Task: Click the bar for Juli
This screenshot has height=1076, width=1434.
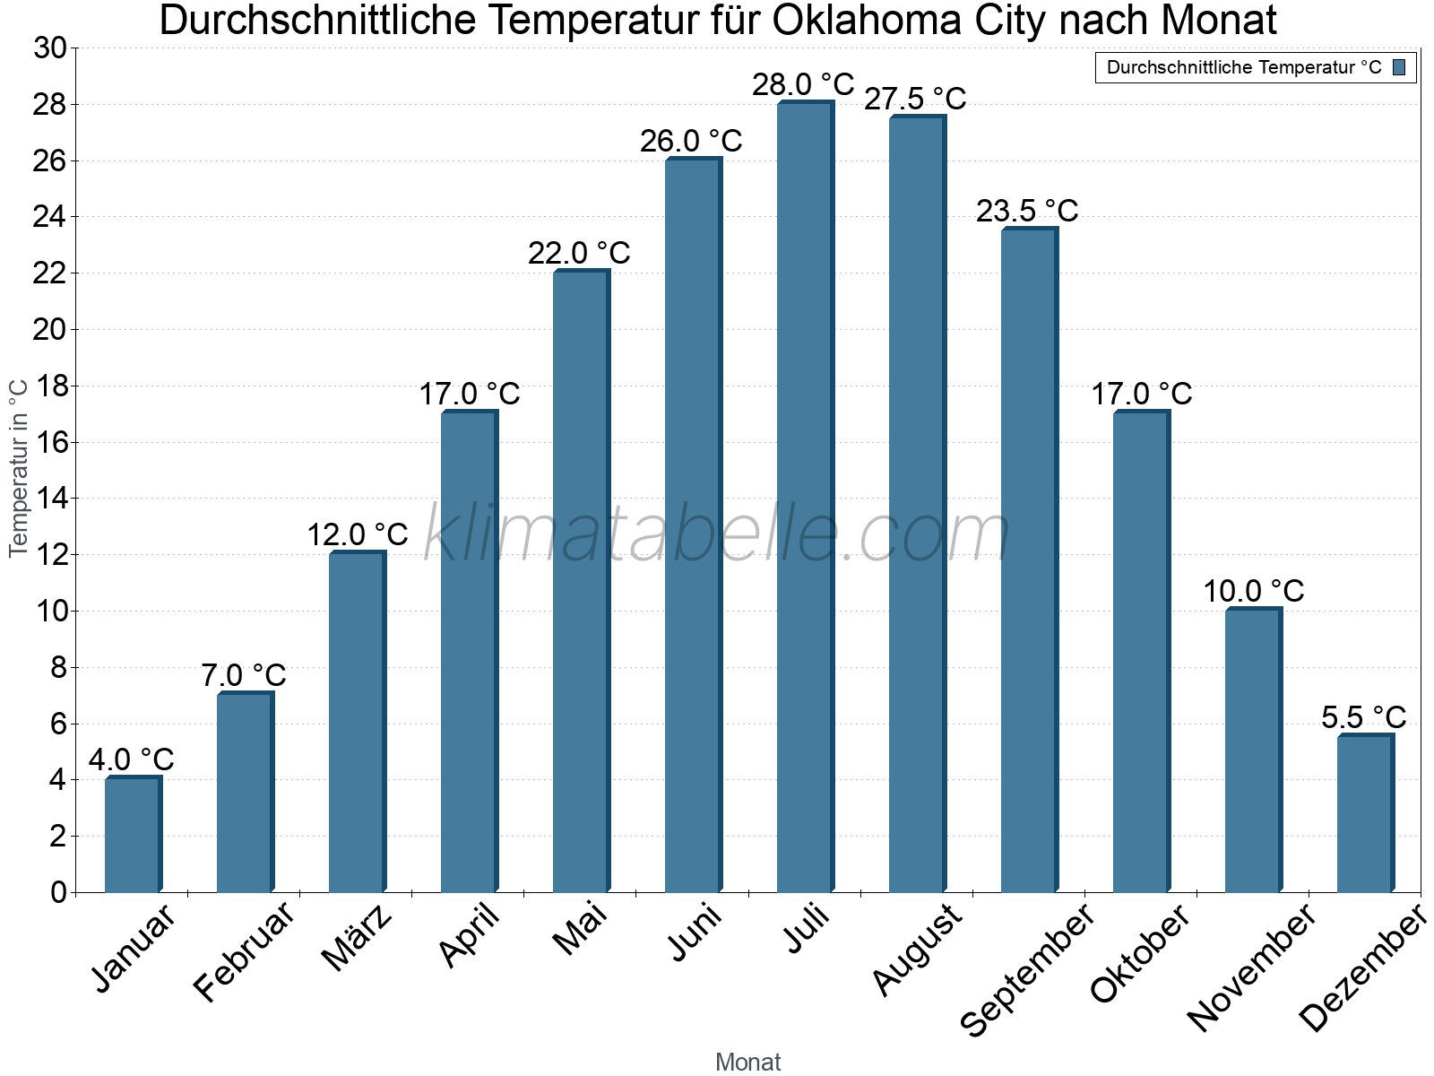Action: tap(805, 498)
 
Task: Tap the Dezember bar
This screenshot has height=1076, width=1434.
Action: tap(1365, 813)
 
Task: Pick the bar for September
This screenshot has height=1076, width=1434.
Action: tap(1029, 560)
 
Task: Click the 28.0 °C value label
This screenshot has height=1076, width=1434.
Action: tap(803, 85)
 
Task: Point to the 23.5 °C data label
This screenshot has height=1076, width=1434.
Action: tap(1027, 212)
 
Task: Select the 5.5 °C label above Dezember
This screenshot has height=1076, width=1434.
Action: tap(1363, 718)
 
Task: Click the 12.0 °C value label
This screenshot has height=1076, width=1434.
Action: tap(357, 535)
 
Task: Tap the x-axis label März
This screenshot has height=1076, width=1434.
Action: tap(357, 938)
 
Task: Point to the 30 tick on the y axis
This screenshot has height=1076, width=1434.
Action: tap(50, 48)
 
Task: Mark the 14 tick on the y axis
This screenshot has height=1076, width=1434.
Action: tap(50, 499)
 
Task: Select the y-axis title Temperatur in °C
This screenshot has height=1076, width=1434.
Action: tap(19, 468)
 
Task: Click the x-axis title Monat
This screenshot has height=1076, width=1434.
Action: tap(748, 1063)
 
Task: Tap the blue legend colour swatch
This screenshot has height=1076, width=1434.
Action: tap(1399, 67)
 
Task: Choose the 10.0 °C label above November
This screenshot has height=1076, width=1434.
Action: tap(1253, 592)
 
